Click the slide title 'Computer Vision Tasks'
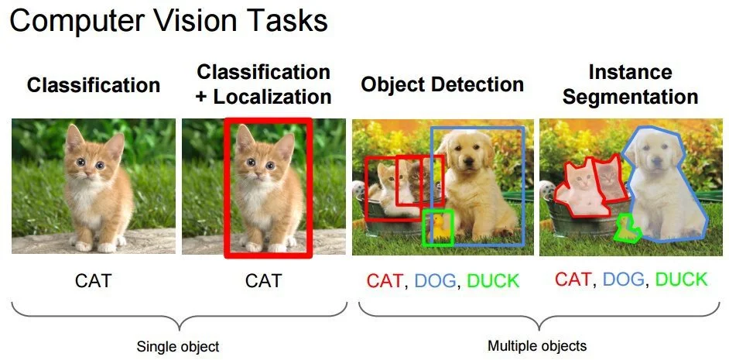coord(169,21)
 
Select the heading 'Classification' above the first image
coord(94,85)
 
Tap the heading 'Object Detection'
coord(442,84)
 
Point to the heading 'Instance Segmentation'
coord(631,84)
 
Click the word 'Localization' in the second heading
coord(272,97)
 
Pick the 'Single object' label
coord(178,346)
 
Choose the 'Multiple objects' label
coord(537,345)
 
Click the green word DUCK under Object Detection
coord(493,280)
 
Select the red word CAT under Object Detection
coord(385,280)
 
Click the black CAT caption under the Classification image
coord(93,280)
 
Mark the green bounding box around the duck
coord(439,228)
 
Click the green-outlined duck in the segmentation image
coord(625,228)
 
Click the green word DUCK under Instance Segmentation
coord(681,279)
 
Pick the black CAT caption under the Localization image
coord(263,280)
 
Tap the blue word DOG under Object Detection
coord(435,280)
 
